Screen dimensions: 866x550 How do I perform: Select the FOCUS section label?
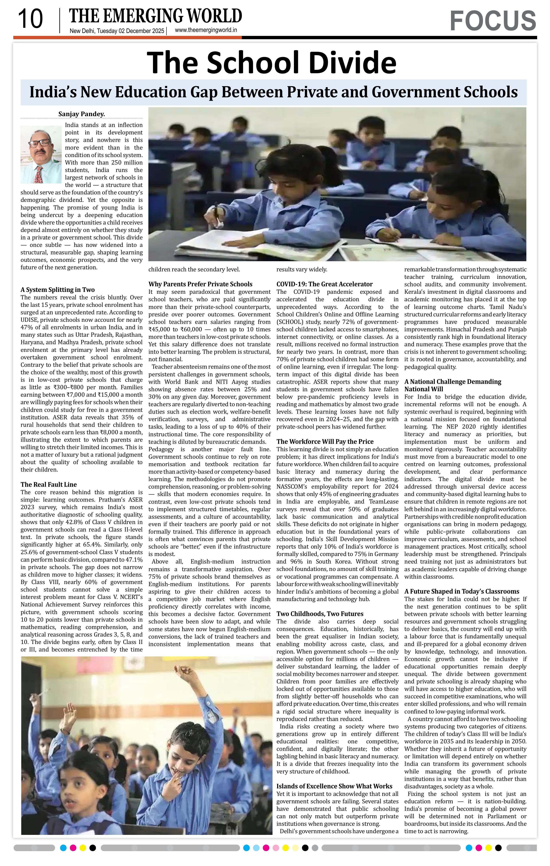(493, 21)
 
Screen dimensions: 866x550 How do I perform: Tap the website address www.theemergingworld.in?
(206, 30)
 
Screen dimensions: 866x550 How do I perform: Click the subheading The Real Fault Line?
(49, 484)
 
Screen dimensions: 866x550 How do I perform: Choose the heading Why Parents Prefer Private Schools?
(200, 284)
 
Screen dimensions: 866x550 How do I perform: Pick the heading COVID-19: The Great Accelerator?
(324, 284)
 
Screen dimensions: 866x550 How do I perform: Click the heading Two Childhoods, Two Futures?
(320, 614)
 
